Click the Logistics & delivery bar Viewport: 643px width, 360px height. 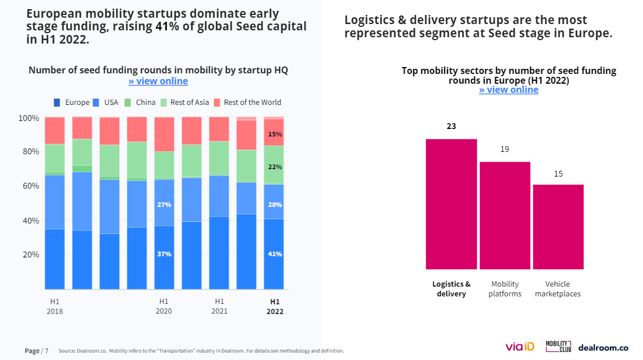click(451, 204)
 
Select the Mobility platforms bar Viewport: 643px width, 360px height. click(504, 216)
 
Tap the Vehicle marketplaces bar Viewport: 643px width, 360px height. click(558, 227)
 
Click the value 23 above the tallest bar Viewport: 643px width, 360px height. click(451, 126)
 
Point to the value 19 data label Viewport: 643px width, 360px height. click(504, 149)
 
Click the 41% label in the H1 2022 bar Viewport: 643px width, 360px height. click(275, 254)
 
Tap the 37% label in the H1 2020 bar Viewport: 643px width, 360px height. click(164, 254)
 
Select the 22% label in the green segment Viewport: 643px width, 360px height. click(275, 167)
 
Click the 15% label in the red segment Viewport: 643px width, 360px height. click(275, 134)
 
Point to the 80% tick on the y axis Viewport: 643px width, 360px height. click(29, 152)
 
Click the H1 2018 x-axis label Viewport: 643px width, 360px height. click(55, 306)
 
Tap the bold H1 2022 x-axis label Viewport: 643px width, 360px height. click(275, 307)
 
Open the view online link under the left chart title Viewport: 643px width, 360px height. click(158, 81)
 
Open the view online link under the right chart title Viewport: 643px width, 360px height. click(508, 90)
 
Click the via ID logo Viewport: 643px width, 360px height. click(519, 347)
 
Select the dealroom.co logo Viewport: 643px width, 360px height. click(603, 347)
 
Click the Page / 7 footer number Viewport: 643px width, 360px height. click(36, 350)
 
